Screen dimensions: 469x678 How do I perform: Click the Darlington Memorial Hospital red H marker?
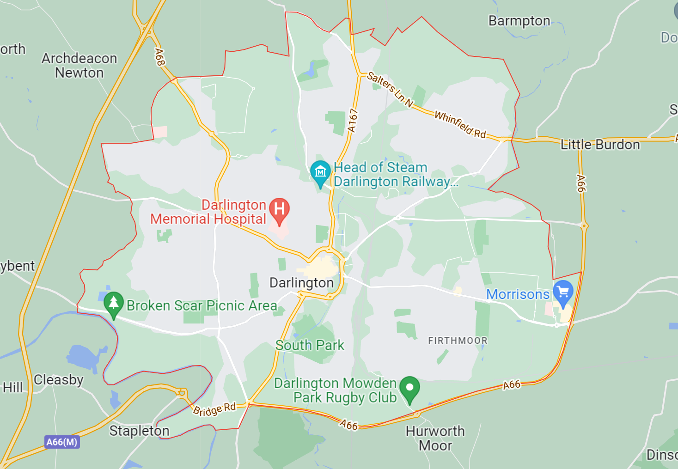coord(279,209)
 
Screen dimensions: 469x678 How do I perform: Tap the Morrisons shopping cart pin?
coord(563,292)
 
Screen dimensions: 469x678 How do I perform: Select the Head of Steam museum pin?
coord(320,172)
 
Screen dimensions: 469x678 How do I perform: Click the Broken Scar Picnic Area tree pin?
coord(113,303)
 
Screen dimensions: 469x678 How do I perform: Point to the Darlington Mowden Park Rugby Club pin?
coord(409,388)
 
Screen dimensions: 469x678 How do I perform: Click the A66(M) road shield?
coord(62,442)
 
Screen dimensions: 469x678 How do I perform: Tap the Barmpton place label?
coord(519,21)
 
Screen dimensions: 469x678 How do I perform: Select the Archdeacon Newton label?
coord(79,66)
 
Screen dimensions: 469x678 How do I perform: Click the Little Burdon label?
coord(600,145)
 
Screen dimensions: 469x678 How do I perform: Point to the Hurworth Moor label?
coord(435,438)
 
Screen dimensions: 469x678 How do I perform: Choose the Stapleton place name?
coord(139,431)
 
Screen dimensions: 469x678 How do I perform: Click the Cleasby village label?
coord(59,380)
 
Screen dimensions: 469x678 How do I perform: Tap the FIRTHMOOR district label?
coord(458,341)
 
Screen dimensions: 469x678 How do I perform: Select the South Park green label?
coord(310,345)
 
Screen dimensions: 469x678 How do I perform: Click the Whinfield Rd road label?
coord(460,125)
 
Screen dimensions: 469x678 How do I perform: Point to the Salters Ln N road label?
coord(390,90)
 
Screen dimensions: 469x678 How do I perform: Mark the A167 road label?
coord(353,121)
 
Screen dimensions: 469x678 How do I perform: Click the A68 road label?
coord(159,57)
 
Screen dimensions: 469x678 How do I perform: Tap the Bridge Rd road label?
coord(214,409)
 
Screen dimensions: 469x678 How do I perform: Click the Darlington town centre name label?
coord(301,283)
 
